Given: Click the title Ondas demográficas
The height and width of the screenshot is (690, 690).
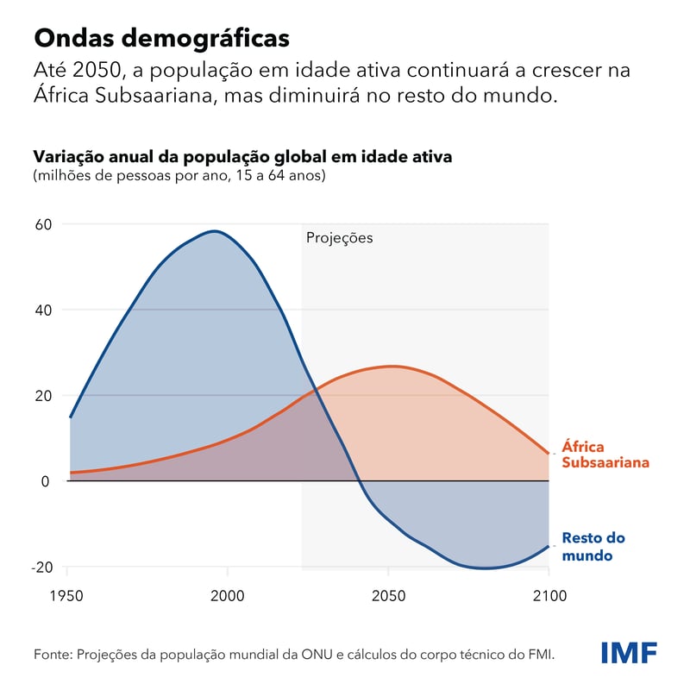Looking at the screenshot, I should pos(160,39).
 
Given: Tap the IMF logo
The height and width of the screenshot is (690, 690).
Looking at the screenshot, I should pos(629,653).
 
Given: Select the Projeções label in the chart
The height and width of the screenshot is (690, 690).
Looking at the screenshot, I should pos(340,238).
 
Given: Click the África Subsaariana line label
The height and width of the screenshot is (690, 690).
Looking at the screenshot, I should pos(605,455).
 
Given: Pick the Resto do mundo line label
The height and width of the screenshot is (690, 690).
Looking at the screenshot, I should pos(593,547).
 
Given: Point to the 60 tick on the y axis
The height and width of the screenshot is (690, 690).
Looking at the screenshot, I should pos(43,224).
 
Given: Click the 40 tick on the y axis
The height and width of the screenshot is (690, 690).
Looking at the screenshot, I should pos(43,310).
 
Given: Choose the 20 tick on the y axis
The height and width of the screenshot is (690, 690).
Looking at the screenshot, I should pos(43,396).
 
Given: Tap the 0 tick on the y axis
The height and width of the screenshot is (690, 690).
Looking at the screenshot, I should pos(46,481).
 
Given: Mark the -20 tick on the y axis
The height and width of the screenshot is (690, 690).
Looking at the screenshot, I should pos(41,567).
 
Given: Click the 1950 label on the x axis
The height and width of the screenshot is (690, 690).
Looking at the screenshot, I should pos(67,596).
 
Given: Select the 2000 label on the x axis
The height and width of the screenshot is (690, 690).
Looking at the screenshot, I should pos(228,596).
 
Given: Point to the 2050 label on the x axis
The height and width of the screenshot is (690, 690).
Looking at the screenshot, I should pos(388,596).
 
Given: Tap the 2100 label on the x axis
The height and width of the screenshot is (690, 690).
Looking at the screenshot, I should pos(549,596).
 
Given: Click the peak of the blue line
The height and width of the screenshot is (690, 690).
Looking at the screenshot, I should pos(214,231).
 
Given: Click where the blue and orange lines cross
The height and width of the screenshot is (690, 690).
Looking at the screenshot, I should pos(316,391).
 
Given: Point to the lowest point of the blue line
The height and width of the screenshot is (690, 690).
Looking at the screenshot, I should pos(486,568).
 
